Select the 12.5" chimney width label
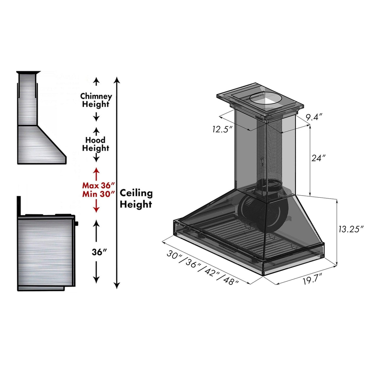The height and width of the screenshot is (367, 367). [222, 129]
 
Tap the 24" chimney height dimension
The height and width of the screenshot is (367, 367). [318, 158]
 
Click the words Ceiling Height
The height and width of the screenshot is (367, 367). [136, 199]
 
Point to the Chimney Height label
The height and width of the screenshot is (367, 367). [96, 100]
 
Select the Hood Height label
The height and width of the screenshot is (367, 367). [96, 144]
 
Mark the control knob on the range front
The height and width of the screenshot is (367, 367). [76, 224]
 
